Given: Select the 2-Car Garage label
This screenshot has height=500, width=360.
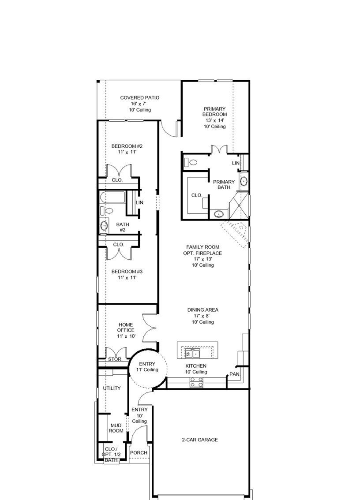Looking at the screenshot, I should point(200,440).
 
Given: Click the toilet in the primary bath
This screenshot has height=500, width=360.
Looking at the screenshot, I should point(192,162).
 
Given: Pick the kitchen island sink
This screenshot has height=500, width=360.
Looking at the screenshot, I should point(193,353).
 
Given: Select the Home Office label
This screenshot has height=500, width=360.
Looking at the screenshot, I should point(126,330).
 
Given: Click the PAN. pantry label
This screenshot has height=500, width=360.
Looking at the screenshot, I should point(234,374).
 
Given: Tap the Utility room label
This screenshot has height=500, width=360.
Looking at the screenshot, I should point(112,388).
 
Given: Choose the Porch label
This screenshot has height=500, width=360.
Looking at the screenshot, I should point(139,453).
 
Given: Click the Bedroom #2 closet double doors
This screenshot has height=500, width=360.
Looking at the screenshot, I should point(118,171).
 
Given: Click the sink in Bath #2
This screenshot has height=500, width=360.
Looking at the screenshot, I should point(104,226).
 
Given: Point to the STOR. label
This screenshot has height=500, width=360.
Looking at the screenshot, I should point(115,359).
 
